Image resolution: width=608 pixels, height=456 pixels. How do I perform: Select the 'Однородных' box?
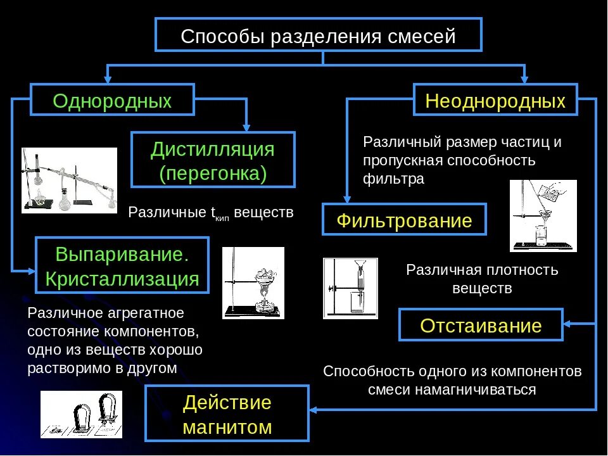pyautogui.click(x=112, y=101)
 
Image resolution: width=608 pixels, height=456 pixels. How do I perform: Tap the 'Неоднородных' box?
pyautogui.click(x=495, y=101)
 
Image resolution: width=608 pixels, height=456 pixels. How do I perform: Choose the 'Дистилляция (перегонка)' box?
pyautogui.click(x=213, y=160)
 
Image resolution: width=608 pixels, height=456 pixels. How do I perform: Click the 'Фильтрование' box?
pyautogui.click(x=404, y=220)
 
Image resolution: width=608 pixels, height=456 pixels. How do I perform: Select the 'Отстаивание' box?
pyautogui.click(x=481, y=326)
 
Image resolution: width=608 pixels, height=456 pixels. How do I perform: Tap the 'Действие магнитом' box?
pyautogui.click(x=227, y=415)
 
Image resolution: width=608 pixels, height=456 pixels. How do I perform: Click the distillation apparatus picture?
pyautogui.click(x=69, y=180)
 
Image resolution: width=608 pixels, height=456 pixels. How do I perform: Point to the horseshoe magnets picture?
pyautogui.click(x=81, y=414)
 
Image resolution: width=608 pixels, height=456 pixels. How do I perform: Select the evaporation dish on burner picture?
pyautogui.click(x=253, y=282)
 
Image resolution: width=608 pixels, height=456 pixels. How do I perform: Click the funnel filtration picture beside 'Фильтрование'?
pyautogui.click(x=543, y=215)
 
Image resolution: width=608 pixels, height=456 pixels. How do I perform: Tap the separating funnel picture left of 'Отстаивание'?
pyautogui.click(x=350, y=288)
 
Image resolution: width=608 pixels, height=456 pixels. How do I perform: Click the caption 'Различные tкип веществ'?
pyautogui.click(x=211, y=213)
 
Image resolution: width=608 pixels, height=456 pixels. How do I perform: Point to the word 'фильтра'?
pyautogui.click(x=393, y=179)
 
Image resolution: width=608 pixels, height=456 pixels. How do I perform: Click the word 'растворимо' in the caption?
pyautogui.click(x=59, y=368)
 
